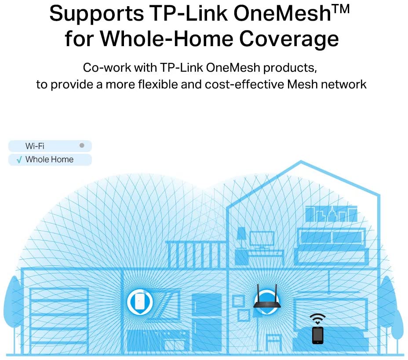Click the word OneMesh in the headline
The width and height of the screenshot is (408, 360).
pyautogui.click(x=282, y=14)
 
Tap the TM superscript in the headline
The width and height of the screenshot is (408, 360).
pyautogui.click(x=341, y=9)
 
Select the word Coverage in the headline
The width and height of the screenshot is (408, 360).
pyautogui.click(x=289, y=39)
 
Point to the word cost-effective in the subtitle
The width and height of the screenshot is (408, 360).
pyautogui.click(x=244, y=84)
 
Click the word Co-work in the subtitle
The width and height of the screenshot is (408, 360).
pyautogui.click(x=107, y=68)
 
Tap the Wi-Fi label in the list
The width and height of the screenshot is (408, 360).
pyautogui.click(x=35, y=146)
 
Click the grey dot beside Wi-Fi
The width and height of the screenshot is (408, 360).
pyautogui.click(x=82, y=145)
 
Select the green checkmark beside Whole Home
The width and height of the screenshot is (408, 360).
pyautogui.click(x=19, y=160)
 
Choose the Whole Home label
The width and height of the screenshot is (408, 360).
pyautogui.click(x=49, y=159)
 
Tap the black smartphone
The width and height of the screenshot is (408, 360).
pyautogui.click(x=317, y=335)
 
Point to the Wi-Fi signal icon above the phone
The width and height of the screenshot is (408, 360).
pyautogui.click(x=317, y=318)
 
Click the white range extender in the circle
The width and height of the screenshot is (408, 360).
pyautogui.click(x=140, y=302)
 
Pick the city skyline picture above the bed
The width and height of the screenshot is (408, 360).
pyautogui.click(x=331, y=214)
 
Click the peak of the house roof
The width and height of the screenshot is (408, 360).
pyautogui.click(x=301, y=162)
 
